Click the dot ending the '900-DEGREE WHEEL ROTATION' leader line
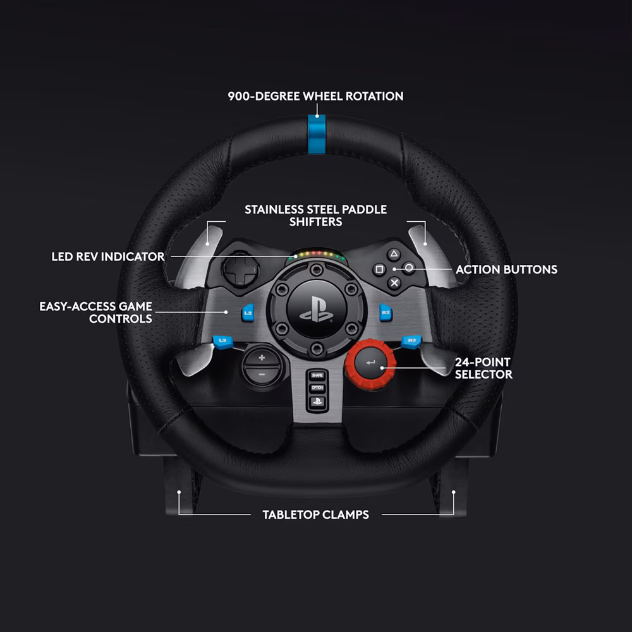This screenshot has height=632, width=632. (317, 116)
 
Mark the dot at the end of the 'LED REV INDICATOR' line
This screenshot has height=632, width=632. (295, 257)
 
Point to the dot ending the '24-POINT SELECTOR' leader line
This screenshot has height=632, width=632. (382, 368)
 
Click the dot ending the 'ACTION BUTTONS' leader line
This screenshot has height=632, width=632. (394, 269)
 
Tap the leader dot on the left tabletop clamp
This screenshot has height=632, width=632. (179, 492)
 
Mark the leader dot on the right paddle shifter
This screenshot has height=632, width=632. (425, 244)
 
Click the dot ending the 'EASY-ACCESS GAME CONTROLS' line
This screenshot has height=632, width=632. (226, 312)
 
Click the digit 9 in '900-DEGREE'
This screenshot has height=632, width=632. (231, 96)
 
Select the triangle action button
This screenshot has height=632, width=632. (394, 254)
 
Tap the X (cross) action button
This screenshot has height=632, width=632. (394, 283)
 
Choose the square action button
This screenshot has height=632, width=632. (379, 269)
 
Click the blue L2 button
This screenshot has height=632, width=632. (248, 313)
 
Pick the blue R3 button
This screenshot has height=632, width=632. (411, 341)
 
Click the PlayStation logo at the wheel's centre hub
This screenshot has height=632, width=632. (317, 310)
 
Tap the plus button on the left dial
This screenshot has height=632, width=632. (262, 358)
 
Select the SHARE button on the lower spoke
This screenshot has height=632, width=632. (317, 375)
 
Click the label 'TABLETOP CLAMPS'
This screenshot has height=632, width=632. (315, 514)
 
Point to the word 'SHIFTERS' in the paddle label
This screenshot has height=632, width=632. (315, 222)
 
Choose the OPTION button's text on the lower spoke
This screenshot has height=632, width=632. (317, 388)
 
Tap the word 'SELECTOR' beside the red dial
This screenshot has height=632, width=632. (483, 374)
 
